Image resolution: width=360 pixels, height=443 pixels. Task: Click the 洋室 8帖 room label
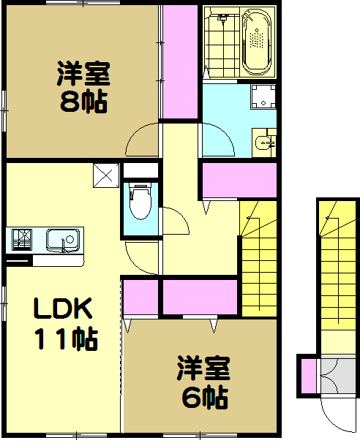pyautogui.click(x=83, y=88)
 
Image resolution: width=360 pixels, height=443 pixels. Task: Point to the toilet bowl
pyautogui.click(x=140, y=202)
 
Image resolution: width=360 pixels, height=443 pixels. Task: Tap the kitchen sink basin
pyautogui.click(x=62, y=239)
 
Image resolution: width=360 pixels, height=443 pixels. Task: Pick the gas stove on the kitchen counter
pyautogui.click(x=20, y=239)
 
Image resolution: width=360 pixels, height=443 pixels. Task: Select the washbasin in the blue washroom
pyautogui.click(x=264, y=140)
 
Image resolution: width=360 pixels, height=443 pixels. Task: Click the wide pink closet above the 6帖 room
pyautogui.click(x=199, y=296)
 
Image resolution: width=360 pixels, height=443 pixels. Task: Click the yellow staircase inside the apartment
pyautogui.click(x=260, y=256)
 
